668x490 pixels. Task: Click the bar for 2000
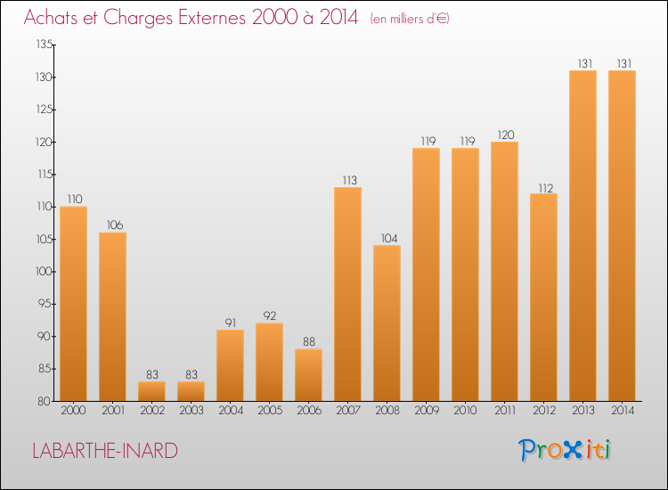[73, 304]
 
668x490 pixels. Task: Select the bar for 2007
[347, 294]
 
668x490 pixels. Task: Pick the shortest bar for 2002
[151, 391]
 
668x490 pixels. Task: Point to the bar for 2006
[308, 375]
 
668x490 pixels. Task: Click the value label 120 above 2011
[504, 135]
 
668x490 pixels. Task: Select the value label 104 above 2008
[387, 239]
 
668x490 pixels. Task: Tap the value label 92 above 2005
[269, 316]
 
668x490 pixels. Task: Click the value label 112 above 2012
[543, 187]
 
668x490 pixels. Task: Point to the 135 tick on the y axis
[42, 45]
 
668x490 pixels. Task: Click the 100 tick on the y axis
[42, 272]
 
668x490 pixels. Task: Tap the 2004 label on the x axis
[230, 412]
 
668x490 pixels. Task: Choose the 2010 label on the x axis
[465, 412]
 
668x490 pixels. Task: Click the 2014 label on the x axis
[622, 412]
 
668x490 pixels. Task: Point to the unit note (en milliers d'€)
[410, 19]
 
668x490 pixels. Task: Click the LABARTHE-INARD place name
[104, 451]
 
